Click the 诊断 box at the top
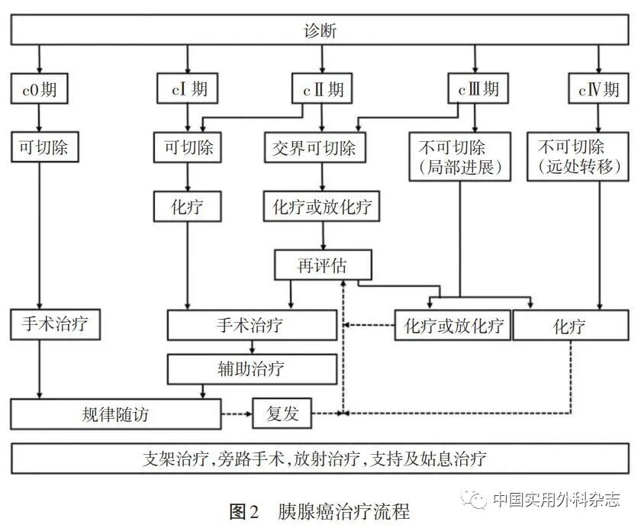320,31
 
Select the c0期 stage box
39,89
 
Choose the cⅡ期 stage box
320,89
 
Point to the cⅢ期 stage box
475,89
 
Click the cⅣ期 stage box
598,89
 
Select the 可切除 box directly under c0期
39,146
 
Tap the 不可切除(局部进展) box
459,156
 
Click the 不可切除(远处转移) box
581,156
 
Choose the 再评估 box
323,265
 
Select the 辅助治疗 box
251,369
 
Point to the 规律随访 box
115,414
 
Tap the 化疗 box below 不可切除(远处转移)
569,327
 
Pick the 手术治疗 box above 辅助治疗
251,326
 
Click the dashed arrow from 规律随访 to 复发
236,414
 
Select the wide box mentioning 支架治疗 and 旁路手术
320,458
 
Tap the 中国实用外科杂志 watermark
556,499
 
